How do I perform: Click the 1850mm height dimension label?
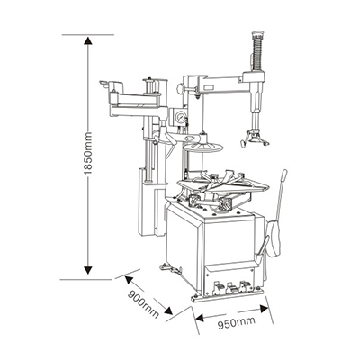87,153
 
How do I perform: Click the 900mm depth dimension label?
143,304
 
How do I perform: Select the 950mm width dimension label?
237,322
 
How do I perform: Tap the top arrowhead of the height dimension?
87,41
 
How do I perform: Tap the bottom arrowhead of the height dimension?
87,269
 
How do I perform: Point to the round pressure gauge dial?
181,117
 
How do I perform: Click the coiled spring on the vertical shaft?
258,55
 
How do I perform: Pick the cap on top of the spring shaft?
258,34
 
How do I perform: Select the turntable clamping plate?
222,183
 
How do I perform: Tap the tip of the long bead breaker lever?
284,172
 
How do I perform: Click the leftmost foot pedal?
218,287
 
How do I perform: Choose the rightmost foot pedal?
246,285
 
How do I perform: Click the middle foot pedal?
231,287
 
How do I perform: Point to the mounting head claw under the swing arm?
254,139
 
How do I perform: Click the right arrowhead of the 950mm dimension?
264,309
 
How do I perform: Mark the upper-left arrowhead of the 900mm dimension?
129,280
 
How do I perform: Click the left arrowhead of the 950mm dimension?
199,318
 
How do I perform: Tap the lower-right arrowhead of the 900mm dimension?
168,310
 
